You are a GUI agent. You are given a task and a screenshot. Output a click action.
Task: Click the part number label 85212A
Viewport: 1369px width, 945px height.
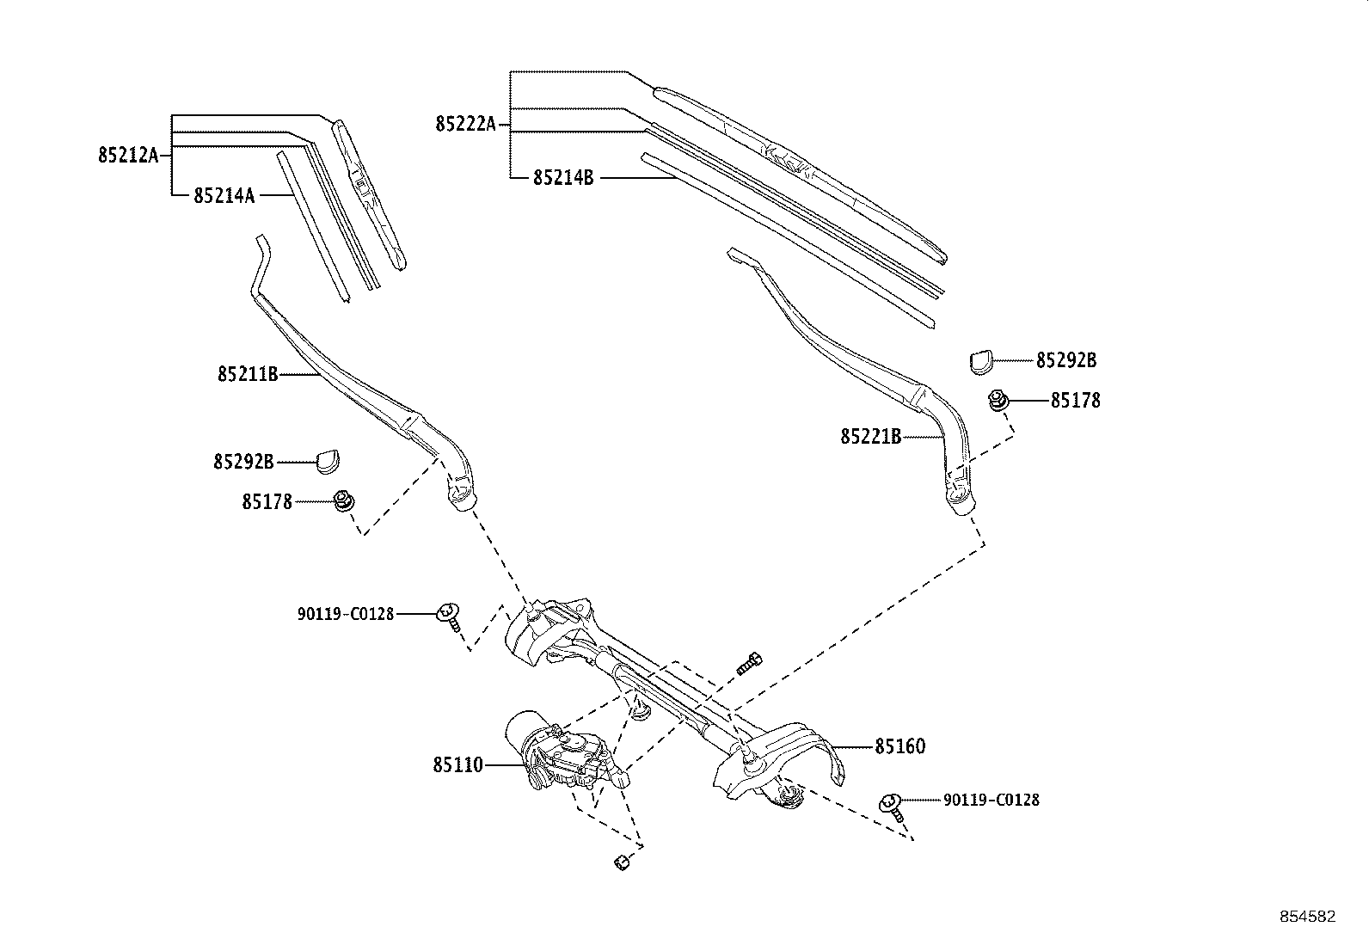pos(128,156)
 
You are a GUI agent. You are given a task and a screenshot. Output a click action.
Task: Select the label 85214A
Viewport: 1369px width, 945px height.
pos(224,195)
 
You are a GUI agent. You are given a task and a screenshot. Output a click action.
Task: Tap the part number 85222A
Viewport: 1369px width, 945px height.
pos(465,125)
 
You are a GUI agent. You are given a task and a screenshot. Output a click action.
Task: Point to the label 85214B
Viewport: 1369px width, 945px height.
pos(563,178)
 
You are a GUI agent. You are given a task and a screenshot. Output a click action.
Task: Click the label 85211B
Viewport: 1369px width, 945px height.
pos(247,374)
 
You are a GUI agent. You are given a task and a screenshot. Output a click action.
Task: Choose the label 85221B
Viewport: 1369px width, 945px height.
pos(870,437)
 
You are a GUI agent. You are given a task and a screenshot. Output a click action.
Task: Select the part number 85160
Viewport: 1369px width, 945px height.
pos(900,746)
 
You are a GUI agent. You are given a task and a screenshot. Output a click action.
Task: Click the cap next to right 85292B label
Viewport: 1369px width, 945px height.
pos(981,360)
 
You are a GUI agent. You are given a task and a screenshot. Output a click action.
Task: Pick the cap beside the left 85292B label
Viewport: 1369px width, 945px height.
pos(327,461)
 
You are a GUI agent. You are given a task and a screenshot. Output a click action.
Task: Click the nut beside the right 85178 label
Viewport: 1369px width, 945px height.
pos(998,400)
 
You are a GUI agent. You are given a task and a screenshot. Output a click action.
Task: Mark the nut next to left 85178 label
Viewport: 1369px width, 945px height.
pos(344,500)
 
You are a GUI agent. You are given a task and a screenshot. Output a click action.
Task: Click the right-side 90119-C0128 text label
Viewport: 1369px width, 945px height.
pos(991,800)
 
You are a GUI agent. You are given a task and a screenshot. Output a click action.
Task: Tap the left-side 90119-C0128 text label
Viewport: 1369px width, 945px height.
pos(346,614)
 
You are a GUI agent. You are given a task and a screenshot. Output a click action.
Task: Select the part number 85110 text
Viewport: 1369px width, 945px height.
pos(458,764)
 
